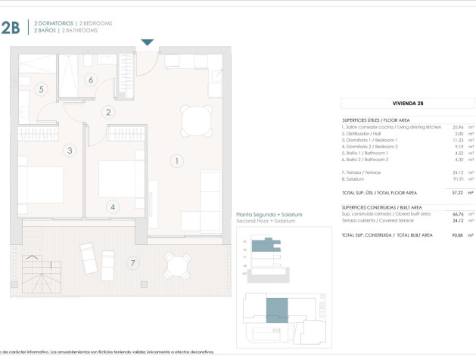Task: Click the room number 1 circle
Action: (x=176, y=160)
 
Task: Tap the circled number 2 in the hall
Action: (x=109, y=113)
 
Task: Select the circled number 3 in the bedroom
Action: (x=70, y=151)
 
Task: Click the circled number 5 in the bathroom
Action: (x=42, y=89)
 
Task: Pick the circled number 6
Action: (x=90, y=79)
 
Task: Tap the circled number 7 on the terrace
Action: (x=133, y=263)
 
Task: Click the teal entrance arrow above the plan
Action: (x=148, y=42)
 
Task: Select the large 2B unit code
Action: (x=11, y=28)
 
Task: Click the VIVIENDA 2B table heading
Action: (x=408, y=102)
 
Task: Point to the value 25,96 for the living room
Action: (x=458, y=127)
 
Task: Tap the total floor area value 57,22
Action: (x=458, y=193)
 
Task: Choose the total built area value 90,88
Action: (x=458, y=235)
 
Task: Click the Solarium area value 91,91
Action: (x=458, y=179)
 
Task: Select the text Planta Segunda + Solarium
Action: (x=269, y=215)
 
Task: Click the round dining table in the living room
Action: (x=197, y=119)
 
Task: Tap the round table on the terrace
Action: (x=177, y=265)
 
